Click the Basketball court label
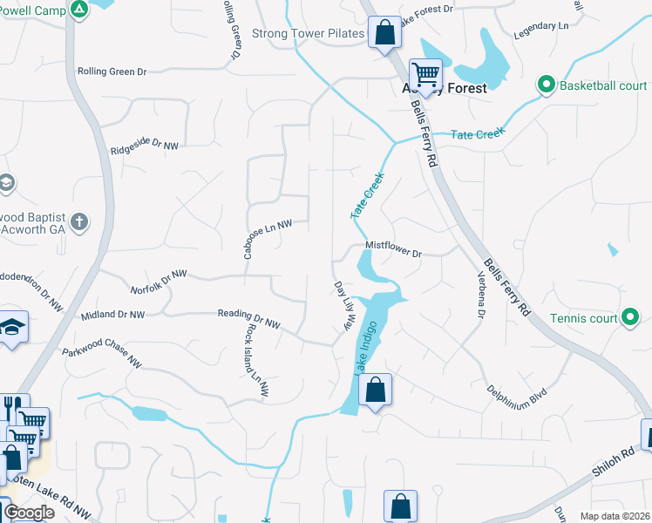point(604,85)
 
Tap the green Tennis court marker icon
point(630,318)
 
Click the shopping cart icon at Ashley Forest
point(425,73)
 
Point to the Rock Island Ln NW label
point(254,358)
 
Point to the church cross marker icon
point(79,221)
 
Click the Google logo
point(28,513)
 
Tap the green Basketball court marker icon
point(547,85)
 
